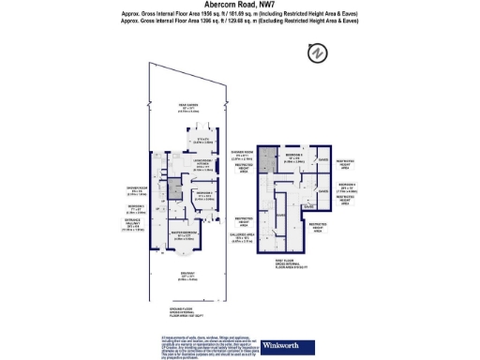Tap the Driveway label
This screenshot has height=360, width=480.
click(187, 277)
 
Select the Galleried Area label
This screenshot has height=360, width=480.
click(269, 236)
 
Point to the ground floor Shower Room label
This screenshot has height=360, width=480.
click(134, 191)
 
